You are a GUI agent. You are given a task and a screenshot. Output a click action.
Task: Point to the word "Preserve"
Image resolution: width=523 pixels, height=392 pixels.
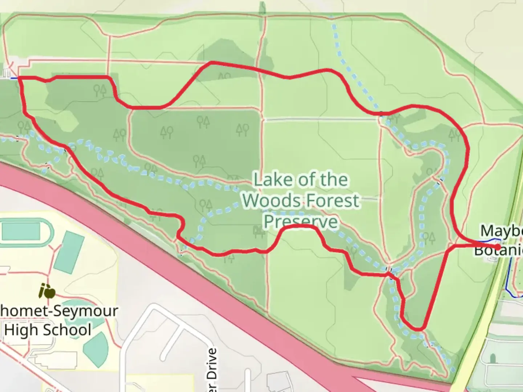301,221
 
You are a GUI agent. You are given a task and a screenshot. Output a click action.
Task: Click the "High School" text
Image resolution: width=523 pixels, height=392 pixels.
48,330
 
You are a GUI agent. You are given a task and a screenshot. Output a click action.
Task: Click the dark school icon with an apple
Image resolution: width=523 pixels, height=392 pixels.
47,291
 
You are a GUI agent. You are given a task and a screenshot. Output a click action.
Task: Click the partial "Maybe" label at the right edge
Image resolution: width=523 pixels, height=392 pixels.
502,231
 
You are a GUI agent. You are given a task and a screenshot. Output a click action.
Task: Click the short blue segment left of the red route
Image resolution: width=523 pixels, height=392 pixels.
13,78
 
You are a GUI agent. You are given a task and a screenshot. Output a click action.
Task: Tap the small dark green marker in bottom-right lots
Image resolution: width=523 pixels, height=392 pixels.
493,359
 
